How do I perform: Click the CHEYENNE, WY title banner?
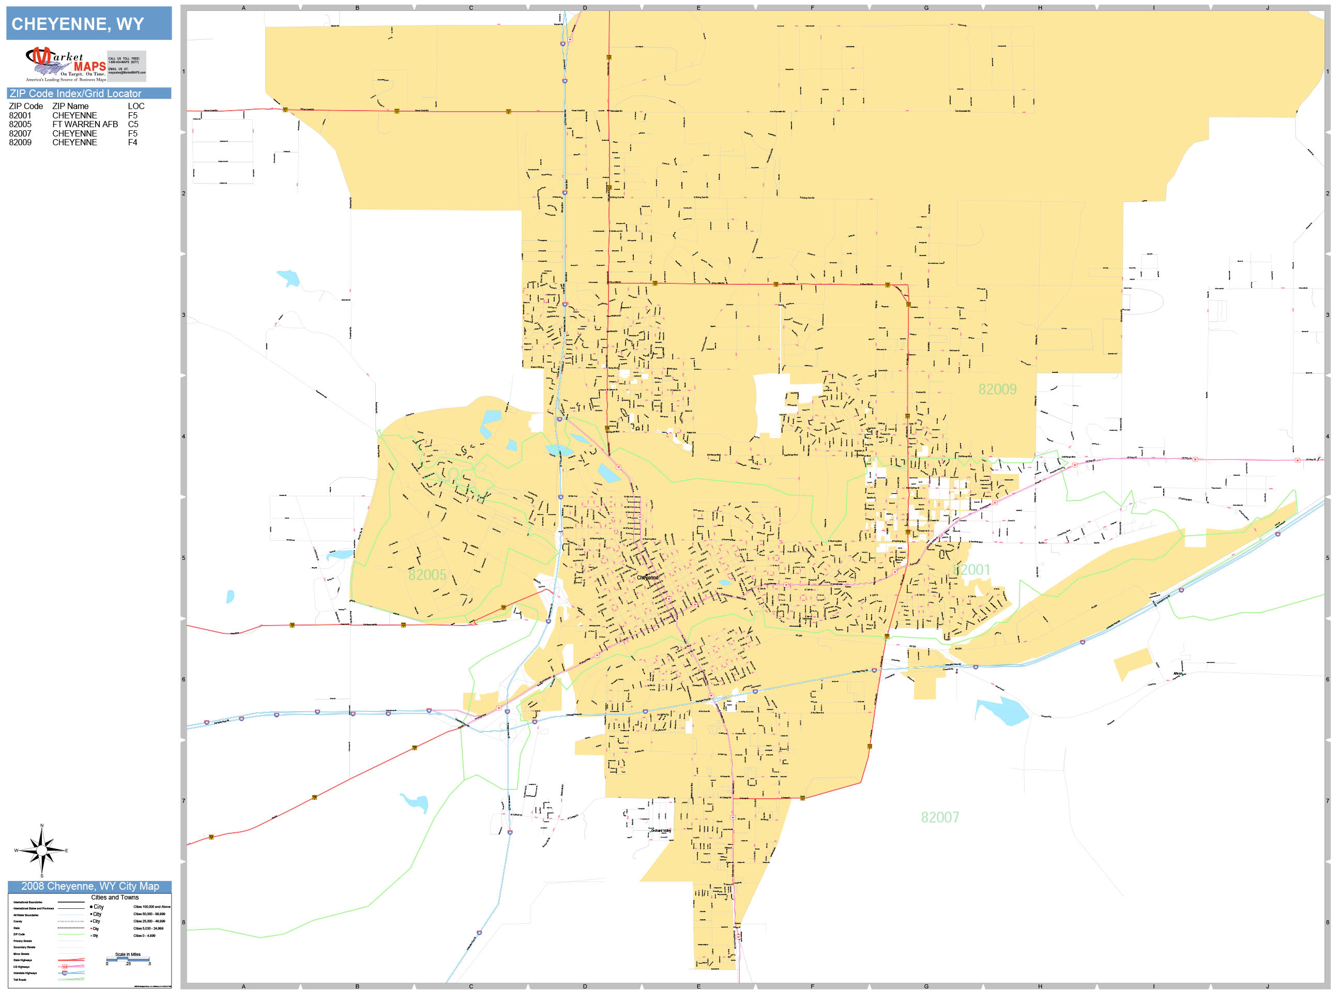(x=88, y=24)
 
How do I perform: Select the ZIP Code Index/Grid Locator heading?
(x=75, y=93)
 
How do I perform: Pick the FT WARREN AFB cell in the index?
(x=85, y=124)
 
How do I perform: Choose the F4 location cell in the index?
(x=133, y=142)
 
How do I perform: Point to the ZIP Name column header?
(x=70, y=106)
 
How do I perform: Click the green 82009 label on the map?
(x=997, y=389)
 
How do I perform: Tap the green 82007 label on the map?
(x=939, y=817)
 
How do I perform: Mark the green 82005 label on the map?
(x=427, y=575)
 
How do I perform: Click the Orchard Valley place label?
(x=660, y=831)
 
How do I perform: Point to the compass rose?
(x=41, y=850)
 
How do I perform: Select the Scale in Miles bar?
(x=128, y=959)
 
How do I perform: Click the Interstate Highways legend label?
(x=25, y=973)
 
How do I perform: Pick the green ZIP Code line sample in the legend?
(x=71, y=935)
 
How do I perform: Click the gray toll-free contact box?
(x=127, y=66)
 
